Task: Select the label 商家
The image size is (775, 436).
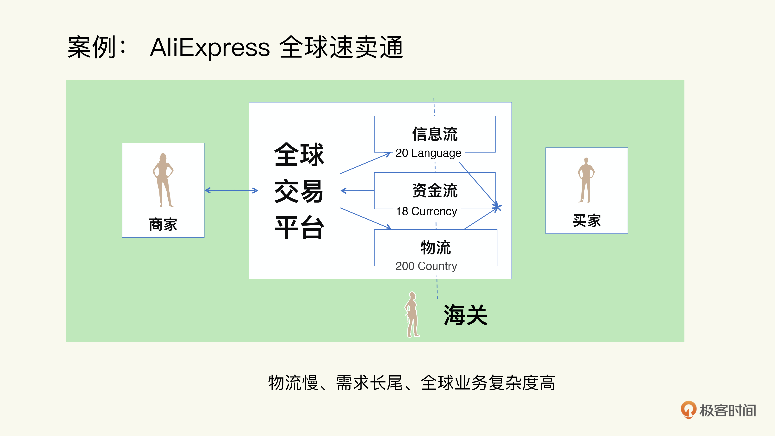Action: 163,224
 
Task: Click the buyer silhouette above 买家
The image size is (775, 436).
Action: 586,180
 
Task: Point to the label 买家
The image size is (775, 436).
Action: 587,221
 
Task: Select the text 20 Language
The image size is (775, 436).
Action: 428,153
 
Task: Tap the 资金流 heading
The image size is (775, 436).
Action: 435,190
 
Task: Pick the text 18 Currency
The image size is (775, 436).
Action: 427,211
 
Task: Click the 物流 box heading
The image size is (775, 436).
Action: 436,247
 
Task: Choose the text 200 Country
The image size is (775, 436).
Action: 426,266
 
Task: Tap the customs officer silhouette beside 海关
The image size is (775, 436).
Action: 412,315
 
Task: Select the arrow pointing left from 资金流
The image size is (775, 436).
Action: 357,191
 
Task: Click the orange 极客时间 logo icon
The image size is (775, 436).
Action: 689,410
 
